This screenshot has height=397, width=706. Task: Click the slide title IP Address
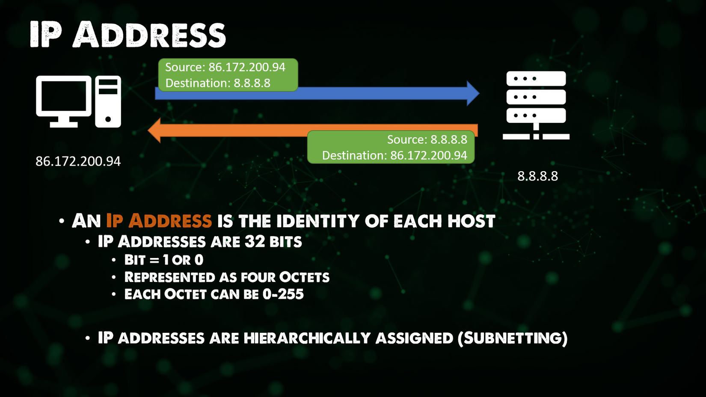click(128, 34)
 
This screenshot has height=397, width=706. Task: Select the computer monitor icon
click(64, 101)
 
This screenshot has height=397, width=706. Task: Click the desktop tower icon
click(108, 101)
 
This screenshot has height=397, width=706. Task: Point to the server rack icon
click(536, 105)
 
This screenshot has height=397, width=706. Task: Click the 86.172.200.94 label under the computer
click(78, 161)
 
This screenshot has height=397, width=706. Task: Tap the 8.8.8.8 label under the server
click(537, 176)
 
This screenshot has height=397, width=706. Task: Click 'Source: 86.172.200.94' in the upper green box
click(225, 67)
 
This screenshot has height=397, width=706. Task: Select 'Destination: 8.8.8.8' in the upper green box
click(218, 83)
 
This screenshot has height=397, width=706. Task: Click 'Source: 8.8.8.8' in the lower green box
click(427, 139)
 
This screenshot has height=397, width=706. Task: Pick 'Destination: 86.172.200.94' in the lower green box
click(394, 155)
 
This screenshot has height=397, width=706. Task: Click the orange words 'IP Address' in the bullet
click(159, 221)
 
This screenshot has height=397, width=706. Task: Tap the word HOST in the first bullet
click(471, 221)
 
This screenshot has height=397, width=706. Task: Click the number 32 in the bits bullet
click(255, 242)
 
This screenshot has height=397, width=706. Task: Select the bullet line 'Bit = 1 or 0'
click(163, 260)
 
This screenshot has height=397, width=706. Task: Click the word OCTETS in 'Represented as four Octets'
click(304, 277)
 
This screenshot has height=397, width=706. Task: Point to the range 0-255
click(283, 294)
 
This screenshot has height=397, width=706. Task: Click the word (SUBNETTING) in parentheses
click(512, 338)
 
